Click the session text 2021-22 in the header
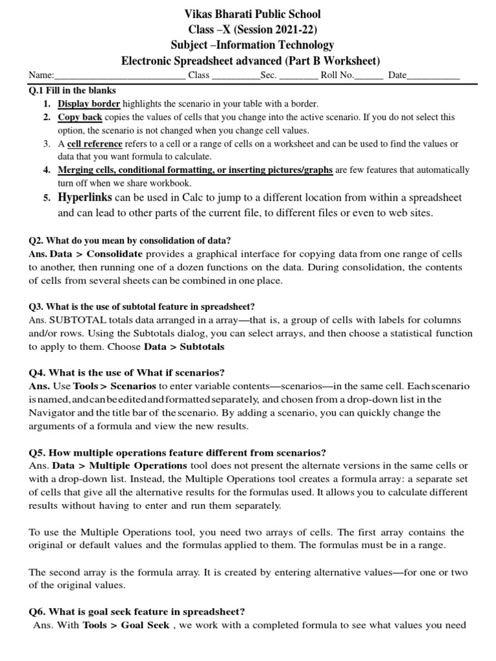(291, 29)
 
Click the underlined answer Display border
(89, 103)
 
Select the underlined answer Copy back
(80, 117)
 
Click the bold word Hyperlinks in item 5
(85, 197)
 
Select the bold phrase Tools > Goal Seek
(127, 625)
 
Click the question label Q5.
(37, 452)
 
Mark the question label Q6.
(37, 611)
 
